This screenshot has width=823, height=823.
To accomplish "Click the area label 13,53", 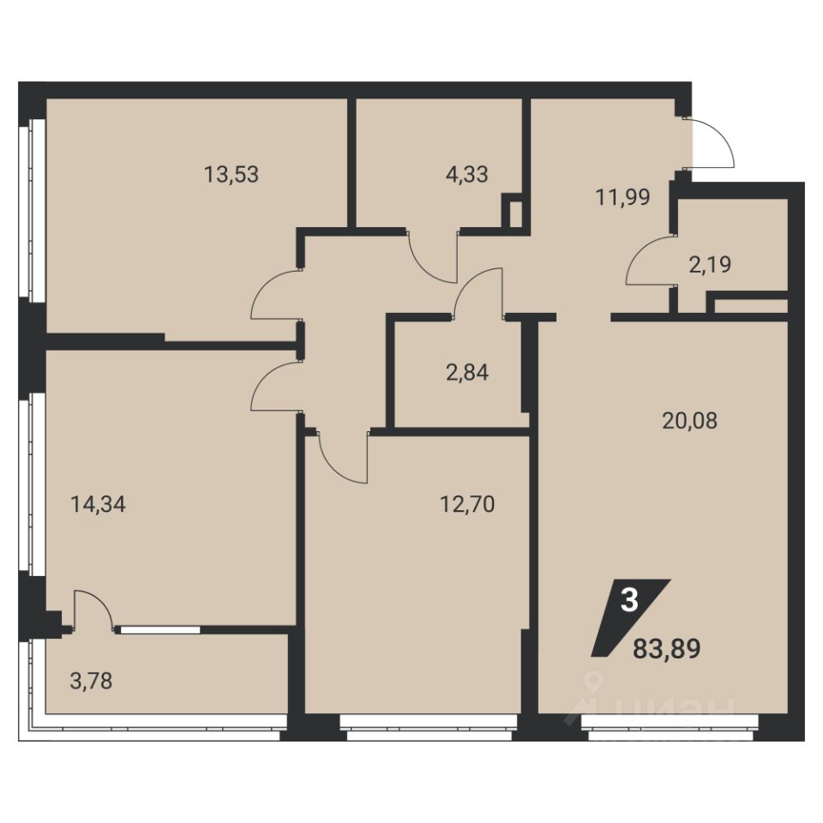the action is coord(231,174).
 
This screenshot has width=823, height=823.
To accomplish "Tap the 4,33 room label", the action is coord(466,174).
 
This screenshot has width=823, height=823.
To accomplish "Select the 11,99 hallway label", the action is coord(622,197).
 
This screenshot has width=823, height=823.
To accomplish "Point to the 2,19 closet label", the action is coord(710,265).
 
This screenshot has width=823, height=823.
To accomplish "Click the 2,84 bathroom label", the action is coord(466,373).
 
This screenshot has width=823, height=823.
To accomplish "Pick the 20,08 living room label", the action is coord(689,420).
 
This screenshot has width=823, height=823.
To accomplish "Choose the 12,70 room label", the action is coord(466,504).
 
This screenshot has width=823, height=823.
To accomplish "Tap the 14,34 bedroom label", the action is coord(98,504).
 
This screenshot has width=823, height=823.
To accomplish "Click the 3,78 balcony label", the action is coord(91,682).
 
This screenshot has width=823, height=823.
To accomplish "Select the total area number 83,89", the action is coord(667,649).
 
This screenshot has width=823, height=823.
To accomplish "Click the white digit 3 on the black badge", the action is coord(629,600).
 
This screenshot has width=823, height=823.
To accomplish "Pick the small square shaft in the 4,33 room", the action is coord(512,211).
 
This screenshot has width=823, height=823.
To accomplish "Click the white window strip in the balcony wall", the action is coord(160,630).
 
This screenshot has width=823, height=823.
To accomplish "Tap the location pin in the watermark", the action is coord(592,682).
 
